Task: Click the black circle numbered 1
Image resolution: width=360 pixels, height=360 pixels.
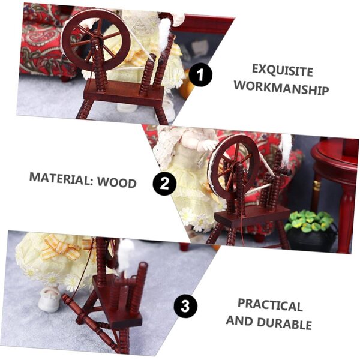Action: pos(200,74)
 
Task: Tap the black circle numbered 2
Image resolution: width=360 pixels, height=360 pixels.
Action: pos(164,184)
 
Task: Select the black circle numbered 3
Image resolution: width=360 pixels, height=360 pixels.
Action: pos(185,306)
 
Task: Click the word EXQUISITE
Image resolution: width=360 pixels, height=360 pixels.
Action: pos(283,70)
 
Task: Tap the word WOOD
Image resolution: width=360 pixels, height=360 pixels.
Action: pos(117,182)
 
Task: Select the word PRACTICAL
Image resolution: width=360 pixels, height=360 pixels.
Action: pos(270,305)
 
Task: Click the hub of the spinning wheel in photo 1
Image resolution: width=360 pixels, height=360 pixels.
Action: pos(96,41)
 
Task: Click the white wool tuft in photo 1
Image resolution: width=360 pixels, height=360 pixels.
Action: pos(165,33)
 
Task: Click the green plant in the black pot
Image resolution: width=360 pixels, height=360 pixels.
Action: pos(309,221)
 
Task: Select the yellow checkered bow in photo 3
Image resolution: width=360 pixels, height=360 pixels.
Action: pos(59,247)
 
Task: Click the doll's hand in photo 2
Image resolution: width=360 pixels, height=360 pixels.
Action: pos(208,145)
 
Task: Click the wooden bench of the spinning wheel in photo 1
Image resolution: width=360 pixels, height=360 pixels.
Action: pos(124,93)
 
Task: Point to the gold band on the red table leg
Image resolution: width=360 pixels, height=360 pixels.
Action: pos(317,185)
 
